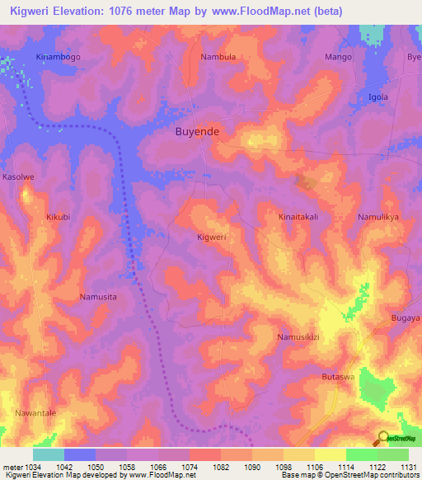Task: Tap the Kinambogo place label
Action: pyautogui.click(x=58, y=57)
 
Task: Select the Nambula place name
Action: pyautogui.click(x=218, y=57)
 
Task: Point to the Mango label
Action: pyautogui.click(x=338, y=57)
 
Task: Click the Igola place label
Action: pyautogui.click(x=378, y=96)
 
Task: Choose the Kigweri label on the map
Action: pyautogui.click(x=212, y=237)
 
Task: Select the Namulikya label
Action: pyautogui.click(x=378, y=217)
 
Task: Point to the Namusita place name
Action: pyautogui.click(x=98, y=296)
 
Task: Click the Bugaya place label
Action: pyautogui.click(x=406, y=317)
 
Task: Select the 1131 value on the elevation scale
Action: pyautogui.click(x=407, y=467)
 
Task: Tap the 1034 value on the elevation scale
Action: pyautogui.click(x=32, y=467)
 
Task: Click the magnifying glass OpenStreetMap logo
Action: pyautogui.click(x=383, y=438)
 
